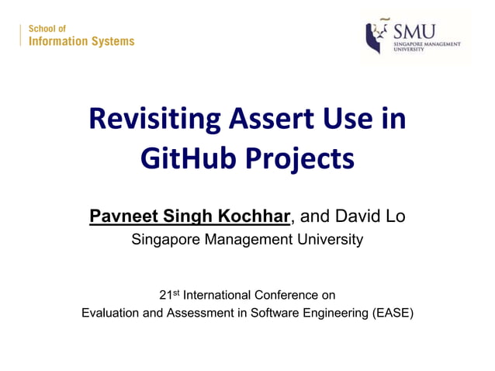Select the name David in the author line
tap(359, 216)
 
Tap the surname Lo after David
tap(395, 216)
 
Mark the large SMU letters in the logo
tap(415, 32)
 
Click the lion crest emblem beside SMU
tap(376, 36)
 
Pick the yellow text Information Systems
tap(81, 42)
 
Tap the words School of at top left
tap(47, 29)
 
